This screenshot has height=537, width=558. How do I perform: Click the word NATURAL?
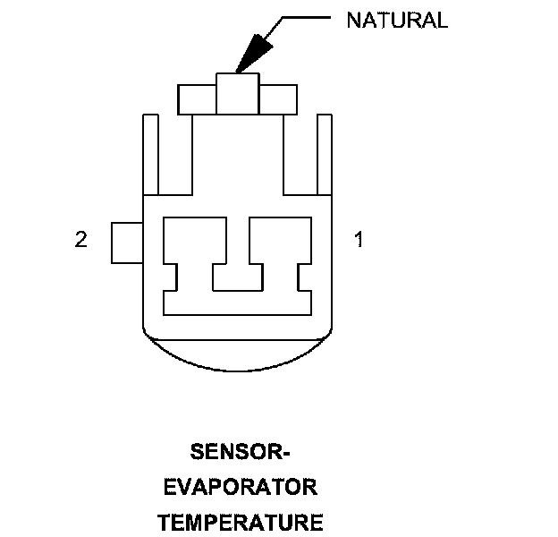[x=396, y=21]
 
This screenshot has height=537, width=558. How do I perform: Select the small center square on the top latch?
[x=238, y=94]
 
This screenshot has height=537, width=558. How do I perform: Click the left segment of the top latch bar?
[x=198, y=98]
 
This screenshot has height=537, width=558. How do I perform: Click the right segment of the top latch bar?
[x=278, y=98]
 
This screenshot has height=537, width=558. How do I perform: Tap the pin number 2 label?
[x=81, y=240]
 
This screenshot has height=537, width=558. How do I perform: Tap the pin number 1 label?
[x=359, y=240]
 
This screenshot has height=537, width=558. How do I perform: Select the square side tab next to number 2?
[x=127, y=242]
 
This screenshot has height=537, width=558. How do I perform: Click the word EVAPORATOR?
[x=240, y=487]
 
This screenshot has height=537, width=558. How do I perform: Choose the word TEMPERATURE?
[x=240, y=522]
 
